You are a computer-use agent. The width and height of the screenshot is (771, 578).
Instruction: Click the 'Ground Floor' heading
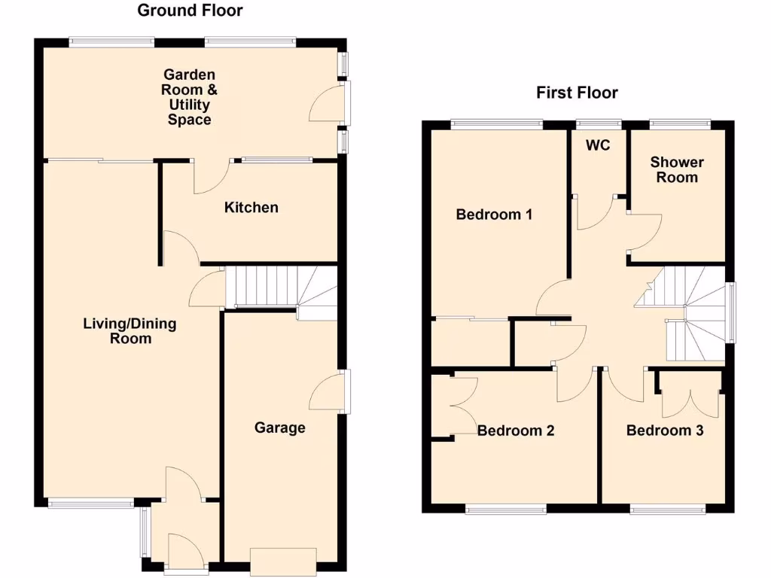pos(190,11)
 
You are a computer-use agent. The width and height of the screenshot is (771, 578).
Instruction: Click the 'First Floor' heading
pos(577,93)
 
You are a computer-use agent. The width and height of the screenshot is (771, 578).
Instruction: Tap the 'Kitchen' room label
pos(251,207)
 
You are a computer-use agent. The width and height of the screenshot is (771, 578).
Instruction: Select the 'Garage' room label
pos(279,427)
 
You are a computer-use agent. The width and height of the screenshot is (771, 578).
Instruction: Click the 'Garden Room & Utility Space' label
pos(190,97)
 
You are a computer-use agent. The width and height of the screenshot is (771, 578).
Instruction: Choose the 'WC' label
pos(598,145)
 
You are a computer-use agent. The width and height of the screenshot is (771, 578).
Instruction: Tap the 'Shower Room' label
pos(677,169)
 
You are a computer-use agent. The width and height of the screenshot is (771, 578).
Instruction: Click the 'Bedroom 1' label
pos(494,214)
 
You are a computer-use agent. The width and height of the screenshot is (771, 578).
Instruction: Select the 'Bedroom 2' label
pos(516,430)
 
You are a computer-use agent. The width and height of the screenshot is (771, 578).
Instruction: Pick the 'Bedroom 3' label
pos(665,430)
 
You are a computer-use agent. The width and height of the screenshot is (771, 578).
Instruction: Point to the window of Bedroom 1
pos(497,123)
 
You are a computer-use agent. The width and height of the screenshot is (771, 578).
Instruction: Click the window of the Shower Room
pos(679,123)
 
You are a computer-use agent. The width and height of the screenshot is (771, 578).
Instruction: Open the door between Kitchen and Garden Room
pos(211,178)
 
